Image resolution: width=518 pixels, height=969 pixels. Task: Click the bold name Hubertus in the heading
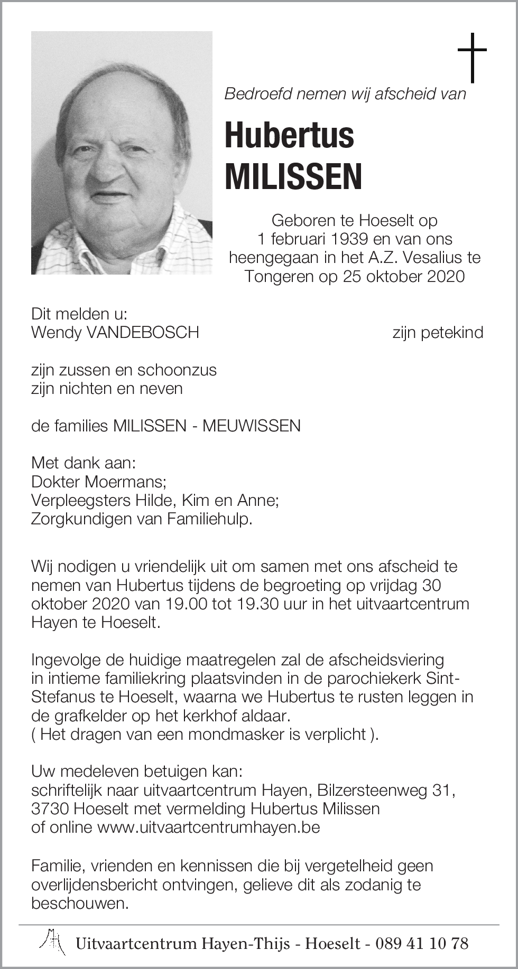289,135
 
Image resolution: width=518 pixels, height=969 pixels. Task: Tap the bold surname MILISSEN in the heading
293,177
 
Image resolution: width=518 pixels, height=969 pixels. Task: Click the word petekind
452,333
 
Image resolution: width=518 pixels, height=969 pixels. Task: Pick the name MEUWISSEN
252,426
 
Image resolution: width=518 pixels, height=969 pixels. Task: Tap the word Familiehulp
209,519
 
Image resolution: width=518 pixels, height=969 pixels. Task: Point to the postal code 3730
51,808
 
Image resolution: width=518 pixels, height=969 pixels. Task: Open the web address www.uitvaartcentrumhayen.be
209,827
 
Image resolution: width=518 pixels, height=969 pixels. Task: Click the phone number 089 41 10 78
422,943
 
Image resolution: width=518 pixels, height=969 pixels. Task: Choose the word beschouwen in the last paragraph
80,903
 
